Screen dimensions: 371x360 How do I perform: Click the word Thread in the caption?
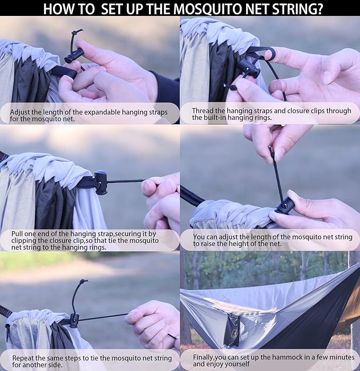click(204, 111)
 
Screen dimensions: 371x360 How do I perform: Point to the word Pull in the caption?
click(19, 234)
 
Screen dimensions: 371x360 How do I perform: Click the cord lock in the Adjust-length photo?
click(74, 55)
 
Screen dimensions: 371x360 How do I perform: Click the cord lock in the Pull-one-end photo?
click(100, 182)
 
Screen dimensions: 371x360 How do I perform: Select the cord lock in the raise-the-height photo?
click(284, 205)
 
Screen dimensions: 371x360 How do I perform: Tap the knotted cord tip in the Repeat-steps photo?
click(83, 281)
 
